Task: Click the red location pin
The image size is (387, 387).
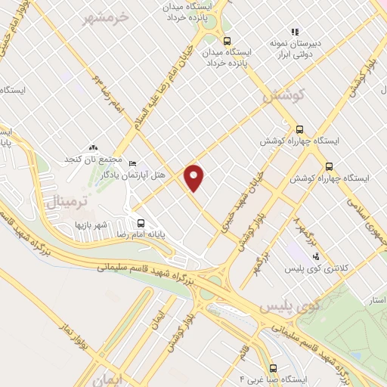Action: [x=195, y=178]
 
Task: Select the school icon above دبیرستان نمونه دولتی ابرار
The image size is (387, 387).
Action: [x=296, y=32]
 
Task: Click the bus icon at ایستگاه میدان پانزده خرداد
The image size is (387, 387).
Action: [x=227, y=42]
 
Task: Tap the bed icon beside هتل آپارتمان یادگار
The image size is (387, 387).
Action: [x=133, y=163]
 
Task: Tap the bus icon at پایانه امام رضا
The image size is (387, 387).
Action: [x=140, y=222]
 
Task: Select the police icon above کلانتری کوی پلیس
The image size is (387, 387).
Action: [x=326, y=255]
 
